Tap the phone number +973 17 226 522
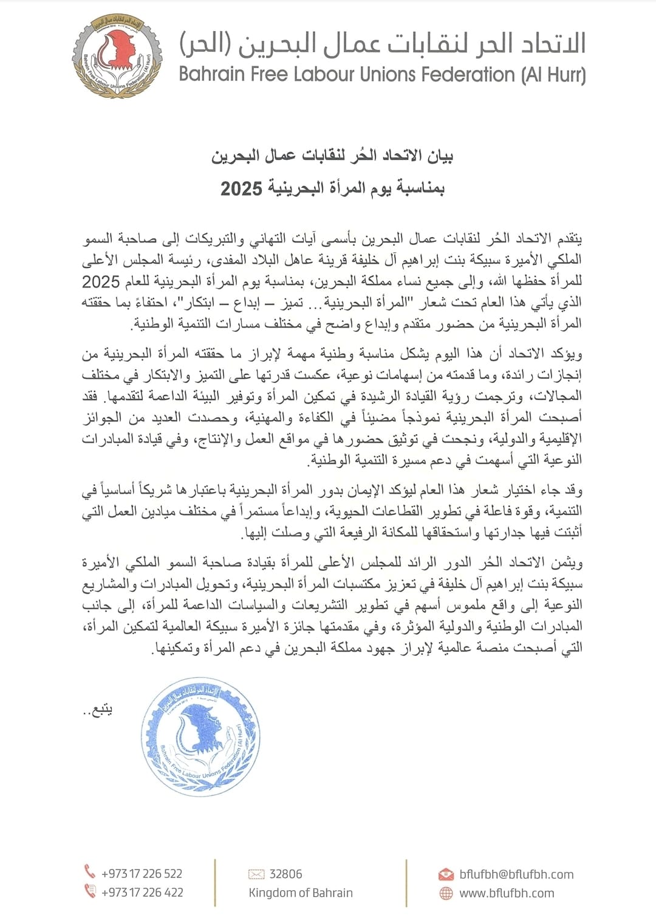tap(142, 874)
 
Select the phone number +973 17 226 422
tap(142, 893)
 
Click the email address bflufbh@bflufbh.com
tap(516, 874)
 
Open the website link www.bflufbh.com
tap(507, 893)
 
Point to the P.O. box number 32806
tap(285, 874)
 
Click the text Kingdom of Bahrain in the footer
tap(301, 893)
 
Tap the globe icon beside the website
tap(446, 893)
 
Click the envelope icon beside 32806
tap(256, 874)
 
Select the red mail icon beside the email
tap(446, 874)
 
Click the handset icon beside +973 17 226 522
tap(90, 873)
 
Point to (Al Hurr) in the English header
tap(554, 75)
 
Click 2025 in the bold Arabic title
tap(241, 188)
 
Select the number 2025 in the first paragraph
tap(101, 282)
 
